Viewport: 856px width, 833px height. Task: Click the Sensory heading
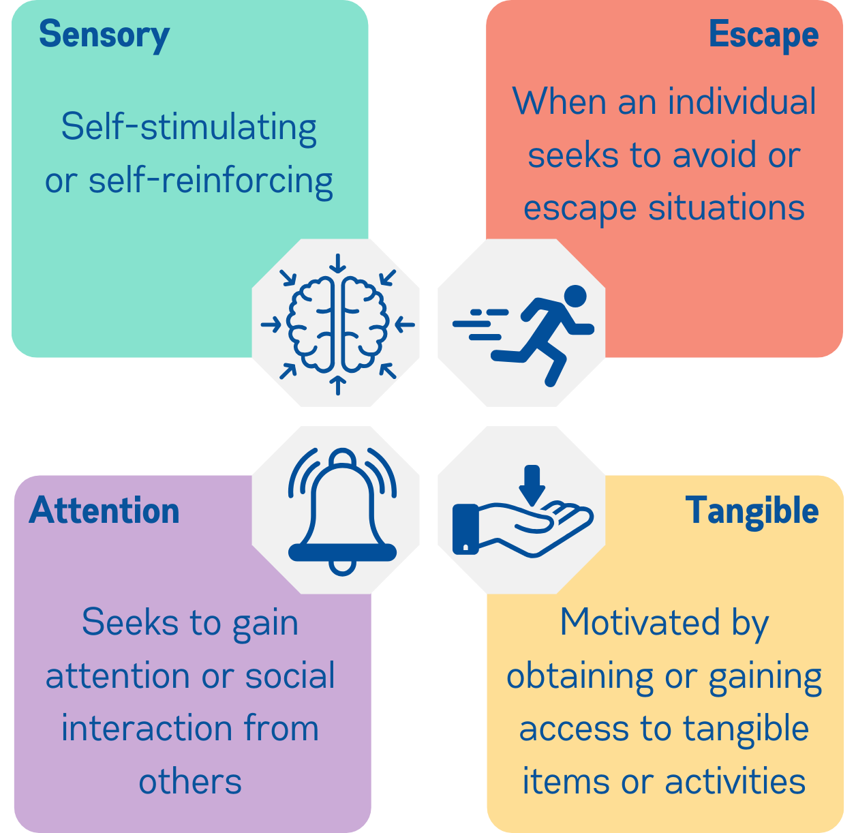click(x=104, y=35)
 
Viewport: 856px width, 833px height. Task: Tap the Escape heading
click(x=763, y=35)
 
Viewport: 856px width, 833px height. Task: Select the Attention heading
click(x=104, y=511)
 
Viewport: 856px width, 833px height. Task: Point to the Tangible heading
click(x=752, y=511)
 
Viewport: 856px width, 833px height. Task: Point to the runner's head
click(x=575, y=297)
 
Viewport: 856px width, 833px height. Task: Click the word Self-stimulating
click(x=189, y=127)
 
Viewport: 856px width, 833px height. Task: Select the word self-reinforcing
click(x=211, y=181)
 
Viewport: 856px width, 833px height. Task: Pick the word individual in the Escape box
click(x=742, y=102)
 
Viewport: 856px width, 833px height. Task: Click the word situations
click(x=727, y=207)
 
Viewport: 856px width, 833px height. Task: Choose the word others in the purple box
click(x=190, y=781)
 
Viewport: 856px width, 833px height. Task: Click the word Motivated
click(x=640, y=622)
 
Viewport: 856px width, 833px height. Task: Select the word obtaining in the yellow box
click(x=581, y=676)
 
